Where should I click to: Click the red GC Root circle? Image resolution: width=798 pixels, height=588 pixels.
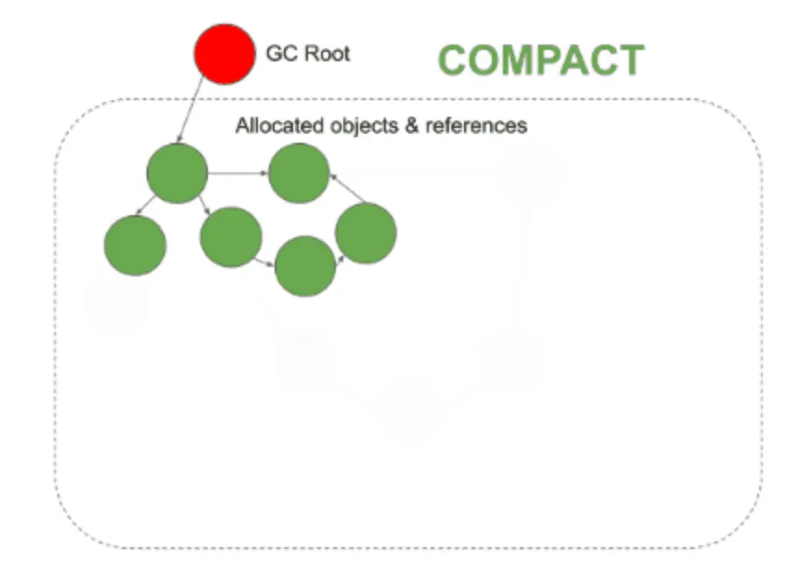225,54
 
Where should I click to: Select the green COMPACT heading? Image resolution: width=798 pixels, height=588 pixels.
540,60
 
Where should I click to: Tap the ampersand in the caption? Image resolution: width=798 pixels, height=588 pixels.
413,125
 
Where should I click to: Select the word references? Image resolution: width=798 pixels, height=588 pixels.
475,125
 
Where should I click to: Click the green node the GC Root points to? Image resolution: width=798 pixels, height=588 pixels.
177,173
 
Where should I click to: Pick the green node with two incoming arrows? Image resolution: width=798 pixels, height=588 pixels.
299,173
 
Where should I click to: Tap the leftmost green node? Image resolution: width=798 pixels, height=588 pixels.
135,244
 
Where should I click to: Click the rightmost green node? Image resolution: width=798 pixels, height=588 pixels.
366,233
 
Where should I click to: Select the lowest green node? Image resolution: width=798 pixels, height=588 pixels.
305,266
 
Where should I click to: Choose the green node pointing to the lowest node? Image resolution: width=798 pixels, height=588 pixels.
231,237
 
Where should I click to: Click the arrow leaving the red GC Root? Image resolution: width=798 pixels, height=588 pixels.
190,110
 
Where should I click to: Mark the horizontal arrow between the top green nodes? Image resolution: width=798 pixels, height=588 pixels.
238,173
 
